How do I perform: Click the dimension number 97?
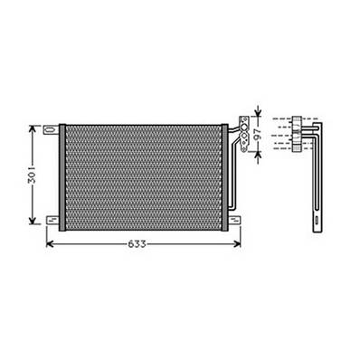pyautogui.click(x=256, y=134)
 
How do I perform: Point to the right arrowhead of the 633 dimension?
pyautogui.click(x=239, y=243)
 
